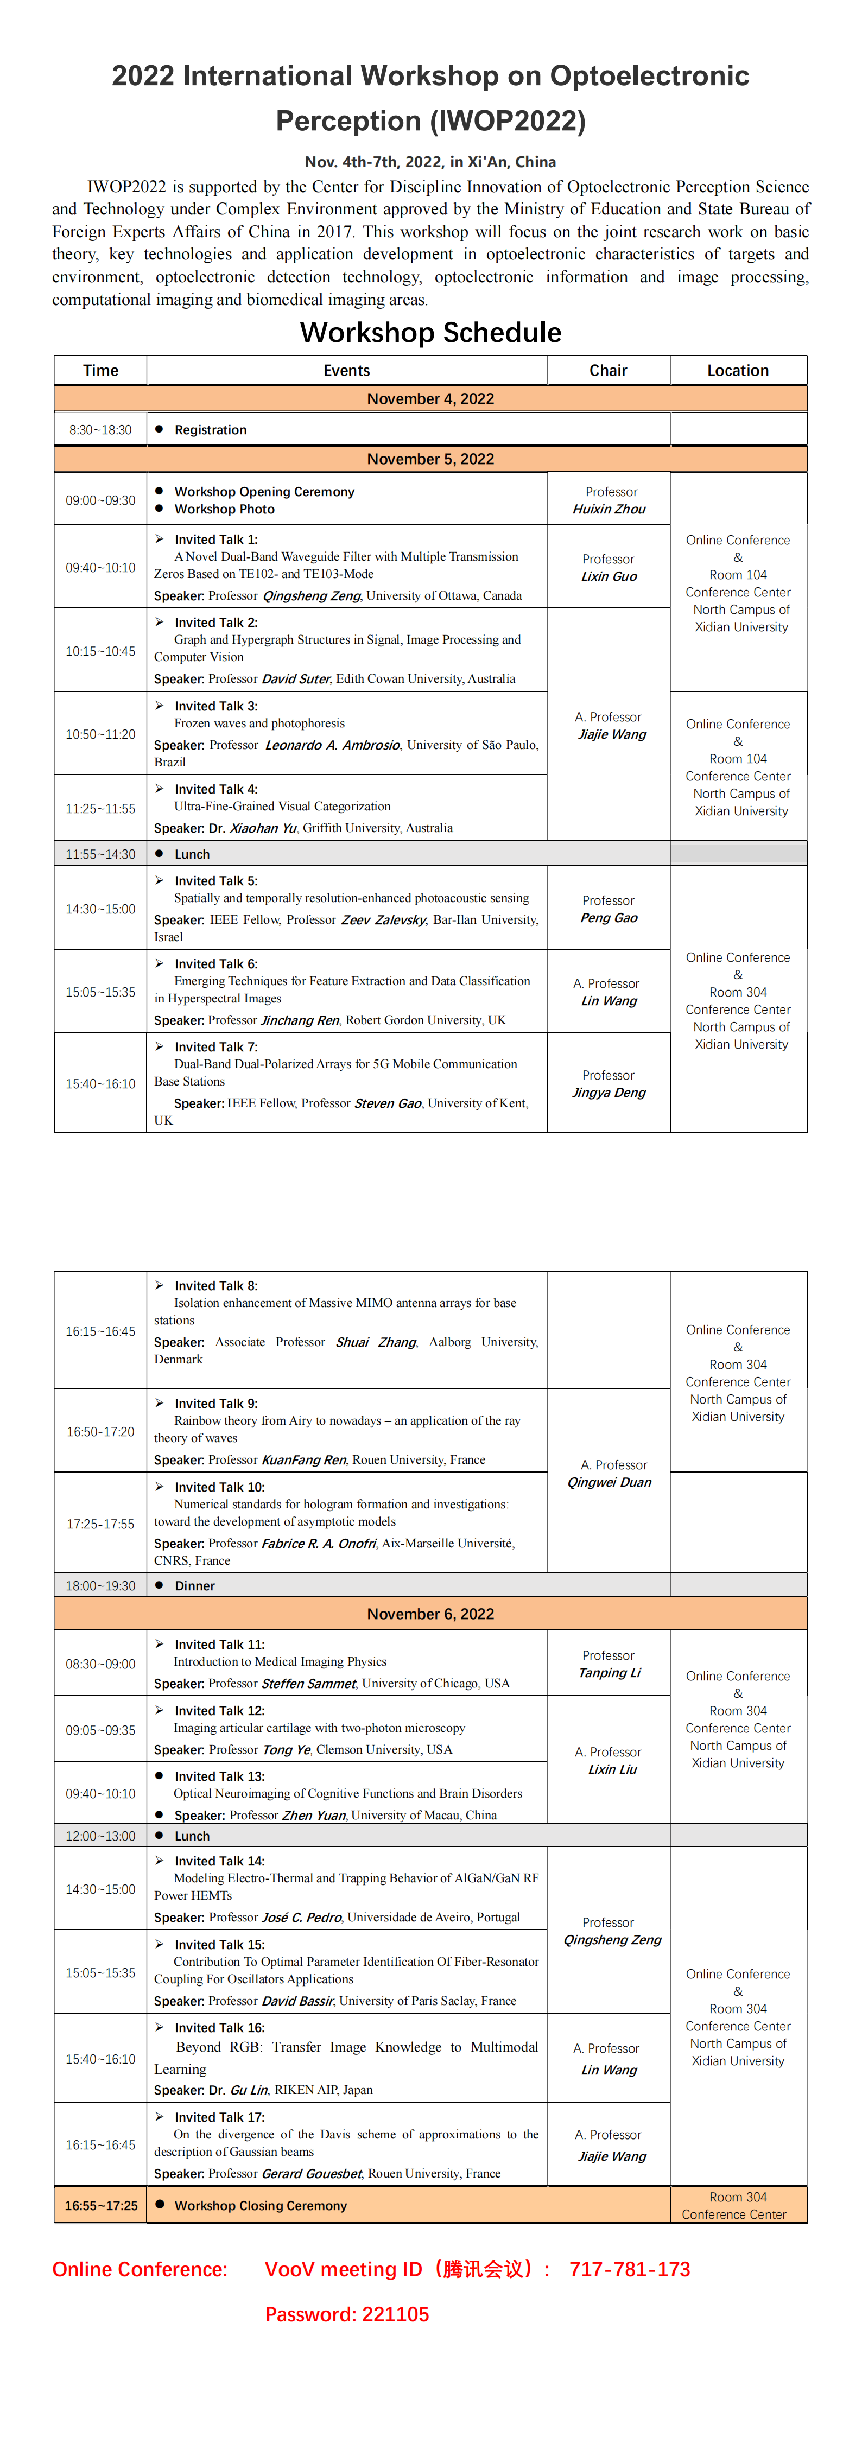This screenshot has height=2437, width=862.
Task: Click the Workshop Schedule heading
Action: pyautogui.click(x=430, y=333)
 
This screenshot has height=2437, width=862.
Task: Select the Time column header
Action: pyautogui.click(x=100, y=371)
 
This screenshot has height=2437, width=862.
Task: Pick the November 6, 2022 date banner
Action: pyautogui.click(x=430, y=1614)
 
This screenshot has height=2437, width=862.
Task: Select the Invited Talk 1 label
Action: pyautogui.click(x=215, y=540)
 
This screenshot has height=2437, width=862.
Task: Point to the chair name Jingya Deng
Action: pyautogui.click(x=609, y=1093)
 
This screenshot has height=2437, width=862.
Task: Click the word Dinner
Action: pyautogui.click(x=195, y=1585)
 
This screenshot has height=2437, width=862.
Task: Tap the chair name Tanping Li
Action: pyautogui.click(x=610, y=1673)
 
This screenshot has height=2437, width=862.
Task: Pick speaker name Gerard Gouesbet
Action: pyautogui.click(x=311, y=2174)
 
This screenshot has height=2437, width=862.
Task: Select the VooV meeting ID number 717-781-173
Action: pyautogui.click(x=629, y=2269)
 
